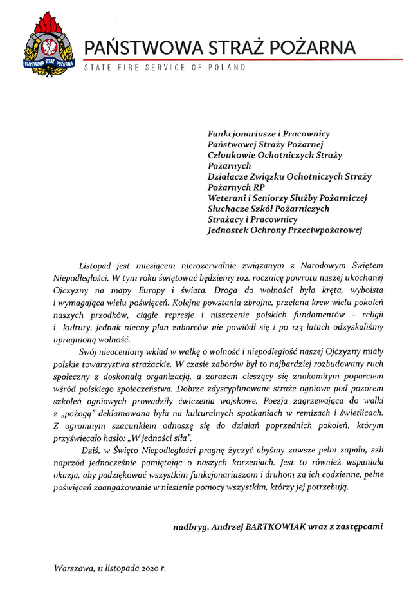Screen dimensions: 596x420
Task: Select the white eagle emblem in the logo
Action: [x=48, y=48]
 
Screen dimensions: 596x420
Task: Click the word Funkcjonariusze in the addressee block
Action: [x=242, y=133]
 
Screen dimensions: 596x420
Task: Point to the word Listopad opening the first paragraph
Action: [x=96, y=265]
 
